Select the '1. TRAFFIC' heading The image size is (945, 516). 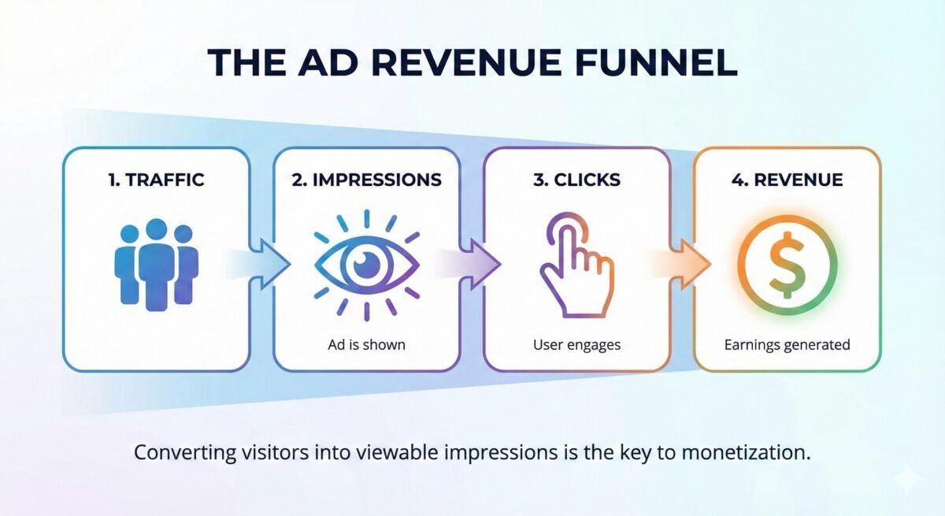tap(156, 180)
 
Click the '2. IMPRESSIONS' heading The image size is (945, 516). tap(366, 180)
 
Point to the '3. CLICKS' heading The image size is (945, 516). tap(576, 180)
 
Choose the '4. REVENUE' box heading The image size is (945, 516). tap(787, 180)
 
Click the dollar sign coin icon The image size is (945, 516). tap(787, 264)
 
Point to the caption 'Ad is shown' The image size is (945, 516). tap(366, 345)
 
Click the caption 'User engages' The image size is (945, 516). tap(576, 345)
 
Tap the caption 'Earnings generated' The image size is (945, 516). tap(787, 345)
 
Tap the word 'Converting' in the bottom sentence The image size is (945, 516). tap(176, 454)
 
